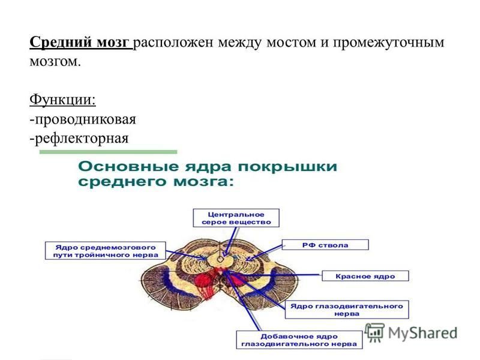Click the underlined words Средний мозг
[x=81, y=42]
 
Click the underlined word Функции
[x=62, y=100]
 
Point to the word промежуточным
[x=388, y=43]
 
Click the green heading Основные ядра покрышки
[x=208, y=167]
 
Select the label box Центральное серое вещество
[x=236, y=218]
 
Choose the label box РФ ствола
[x=325, y=245]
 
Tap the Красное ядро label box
[x=365, y=276]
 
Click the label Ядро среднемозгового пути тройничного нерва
[x=106, y=251]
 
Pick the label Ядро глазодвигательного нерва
[x=347, y=310]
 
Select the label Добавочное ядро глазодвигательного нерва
[x=299, y=340]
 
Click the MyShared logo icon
[x=374, y=332]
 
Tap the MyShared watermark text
[x=422, y=333]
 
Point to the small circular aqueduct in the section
[x=220, y=259]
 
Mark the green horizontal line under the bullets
[x=109, y=152]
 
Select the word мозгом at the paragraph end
[x=55, y=62]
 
